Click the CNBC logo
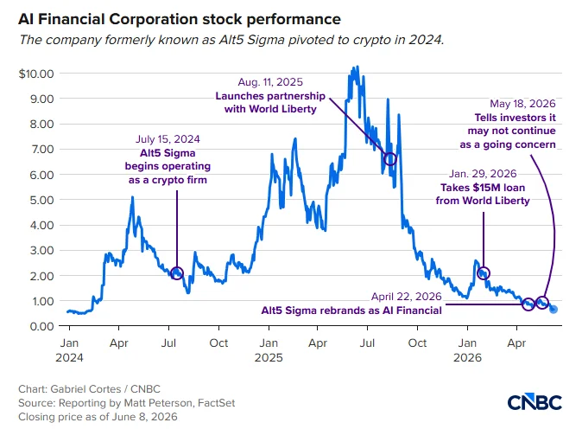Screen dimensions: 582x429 [535, 402]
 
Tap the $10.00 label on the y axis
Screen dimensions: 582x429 [36, 74]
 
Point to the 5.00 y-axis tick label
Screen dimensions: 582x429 [41, 200]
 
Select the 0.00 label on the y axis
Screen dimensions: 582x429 [41, 326]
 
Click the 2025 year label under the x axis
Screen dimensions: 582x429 [269, 357]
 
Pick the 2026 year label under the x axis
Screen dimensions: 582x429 [467, 357]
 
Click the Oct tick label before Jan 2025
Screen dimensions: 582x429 [218, 343]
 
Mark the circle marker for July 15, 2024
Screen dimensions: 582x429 [177, 273]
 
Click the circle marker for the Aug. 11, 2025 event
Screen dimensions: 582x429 [390, 159]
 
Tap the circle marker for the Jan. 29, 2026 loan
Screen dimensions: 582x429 [484, 273]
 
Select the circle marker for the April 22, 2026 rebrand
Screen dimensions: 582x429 [528, 304]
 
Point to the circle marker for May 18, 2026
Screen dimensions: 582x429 [542, 302]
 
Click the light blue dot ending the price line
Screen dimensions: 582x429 [554, 309]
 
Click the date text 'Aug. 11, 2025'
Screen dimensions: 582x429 [270, 82]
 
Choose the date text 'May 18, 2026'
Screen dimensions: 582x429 [522, 103]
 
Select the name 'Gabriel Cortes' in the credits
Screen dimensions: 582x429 [85, 389]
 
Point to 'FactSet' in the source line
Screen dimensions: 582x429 [217, 403]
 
